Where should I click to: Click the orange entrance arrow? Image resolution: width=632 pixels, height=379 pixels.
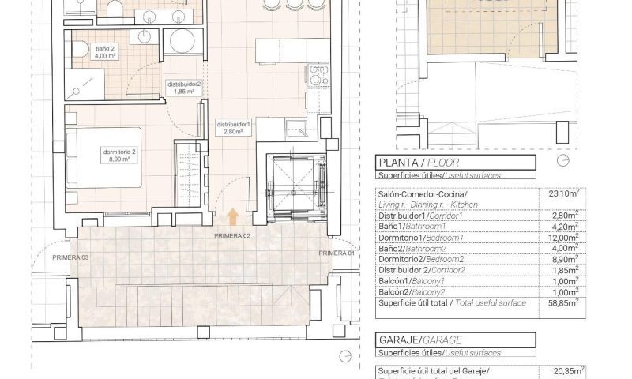[232, 216]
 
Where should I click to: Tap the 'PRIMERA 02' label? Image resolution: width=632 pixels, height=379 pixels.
[231, 236]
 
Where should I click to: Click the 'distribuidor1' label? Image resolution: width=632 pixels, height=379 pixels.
[234, 128]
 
